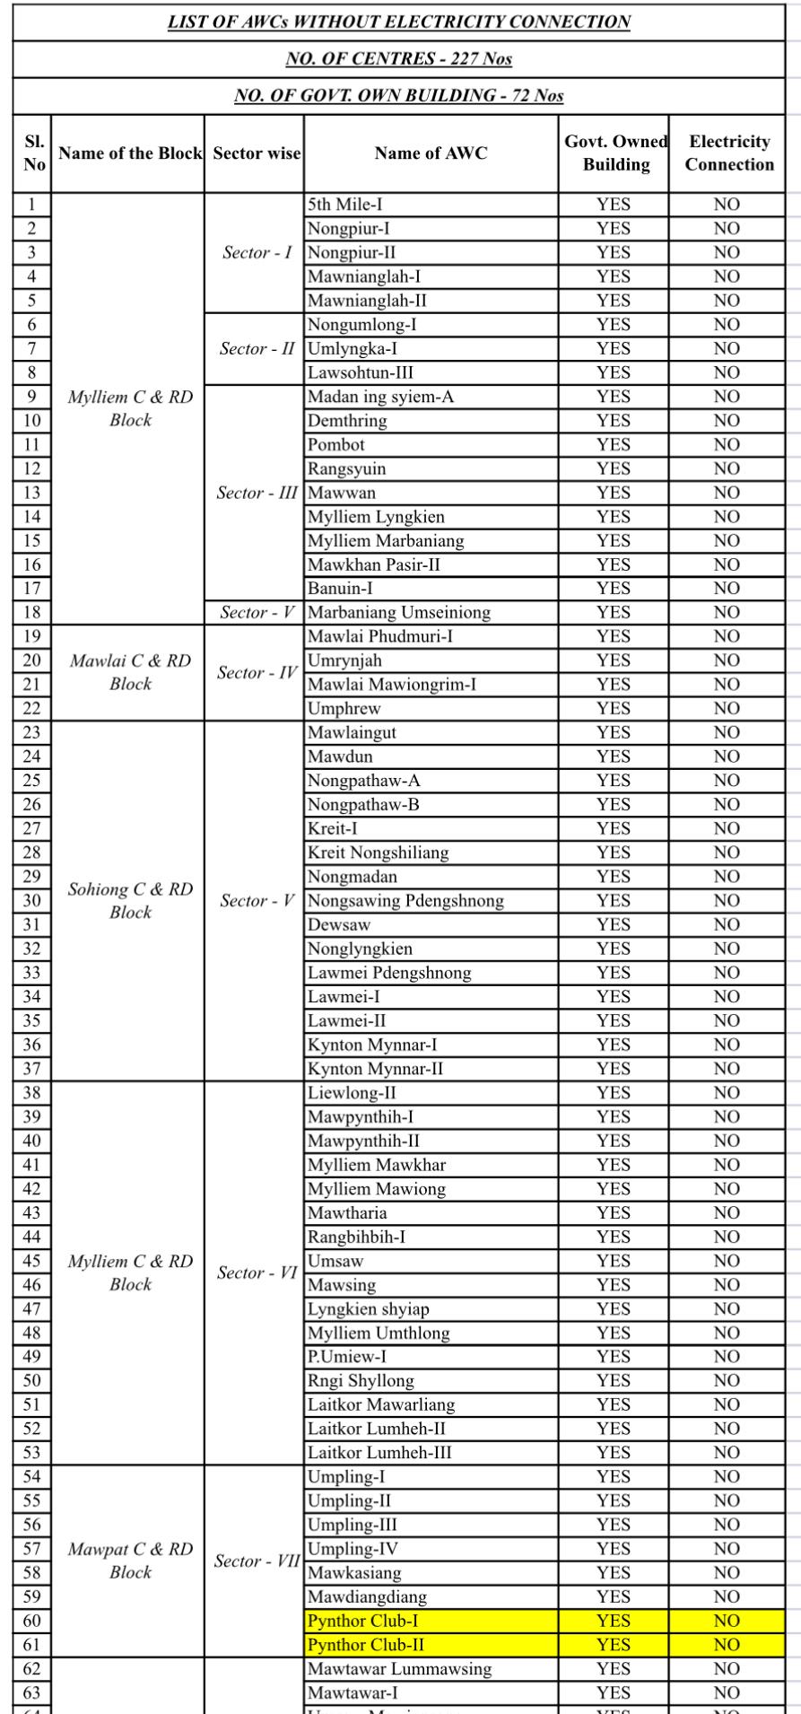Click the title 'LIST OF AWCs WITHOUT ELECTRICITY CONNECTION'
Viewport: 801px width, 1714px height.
pyautogui.click(x=399, y=22)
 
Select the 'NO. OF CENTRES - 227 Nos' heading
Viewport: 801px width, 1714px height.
pyautogui.click(x=399, y=59)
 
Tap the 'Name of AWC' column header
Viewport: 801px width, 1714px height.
pyautogui.click(x=431, y=153)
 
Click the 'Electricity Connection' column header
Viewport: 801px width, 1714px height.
pyautogui.click(x=729, y=153)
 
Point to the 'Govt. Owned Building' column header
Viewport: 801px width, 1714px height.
pyautogui.click(x=615, y=153)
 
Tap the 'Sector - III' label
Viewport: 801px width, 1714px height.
pyautogui.click(x=258, y=493)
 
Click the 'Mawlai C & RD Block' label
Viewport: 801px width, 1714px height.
pyautogui.click(x=131, y=672)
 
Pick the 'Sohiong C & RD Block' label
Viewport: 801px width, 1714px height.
pyautogui.click(x=131, y=901)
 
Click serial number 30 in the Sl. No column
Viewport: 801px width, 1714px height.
pyautogui.click(x=31, y=901)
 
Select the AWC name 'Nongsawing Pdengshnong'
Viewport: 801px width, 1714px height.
pyautogui.click(x=405, y=901)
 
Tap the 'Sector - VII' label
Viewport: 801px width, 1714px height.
pyautogui.click(x=257, y=1561)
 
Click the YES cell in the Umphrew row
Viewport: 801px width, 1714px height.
pyautogui.click(x=614, y=709)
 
